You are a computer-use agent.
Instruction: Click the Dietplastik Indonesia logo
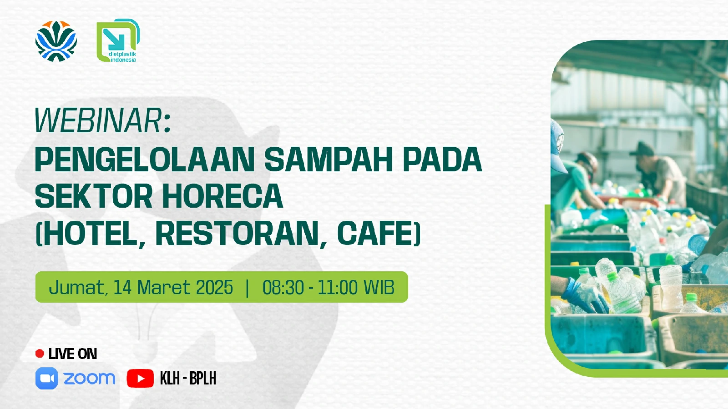(x=118, y=40)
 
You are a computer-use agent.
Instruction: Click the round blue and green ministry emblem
(x=56, y=41)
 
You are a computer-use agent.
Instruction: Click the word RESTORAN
(x=237, y=233)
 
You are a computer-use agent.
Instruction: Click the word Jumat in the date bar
(x=77, y=287)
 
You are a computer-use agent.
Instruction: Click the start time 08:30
(x=283, y=287)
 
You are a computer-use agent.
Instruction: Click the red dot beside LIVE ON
(x=40, y=354)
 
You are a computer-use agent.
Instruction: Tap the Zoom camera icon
(x=47, y=378)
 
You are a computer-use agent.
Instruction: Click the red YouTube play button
(x=140, y=379)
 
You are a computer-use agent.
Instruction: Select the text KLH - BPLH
(x=188, y=378)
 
